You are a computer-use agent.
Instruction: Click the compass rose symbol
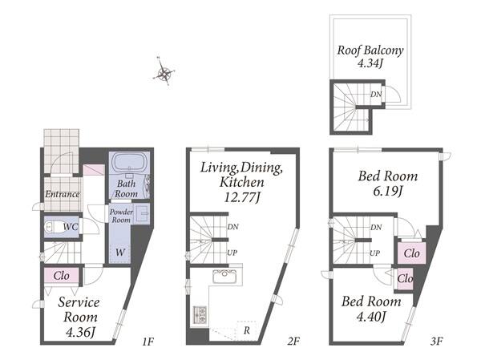pos(164,72)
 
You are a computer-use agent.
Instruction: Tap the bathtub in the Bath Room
pos(130,163)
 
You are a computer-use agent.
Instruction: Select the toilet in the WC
pos(54,228)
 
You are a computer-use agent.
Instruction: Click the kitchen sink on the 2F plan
pos(225,277)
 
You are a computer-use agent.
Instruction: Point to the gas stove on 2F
pos(200,314)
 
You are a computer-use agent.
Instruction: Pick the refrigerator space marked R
pos(247,330)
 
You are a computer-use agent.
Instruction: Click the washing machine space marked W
pos(120,253)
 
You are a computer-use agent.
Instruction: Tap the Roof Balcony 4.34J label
pos(370,56)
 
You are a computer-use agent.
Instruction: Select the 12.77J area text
pos(242,197)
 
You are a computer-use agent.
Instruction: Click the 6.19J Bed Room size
pos(388,192)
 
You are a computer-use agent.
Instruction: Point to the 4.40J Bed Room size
pos(371,317)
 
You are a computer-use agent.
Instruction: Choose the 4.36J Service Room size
pos(80,332)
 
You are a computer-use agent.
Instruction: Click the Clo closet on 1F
pos(62,276)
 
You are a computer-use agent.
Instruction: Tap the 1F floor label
pos(148,341)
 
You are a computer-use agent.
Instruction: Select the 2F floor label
pos(293,341)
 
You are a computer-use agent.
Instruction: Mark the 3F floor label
pos(437,341)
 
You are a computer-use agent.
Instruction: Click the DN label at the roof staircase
pos(376,95)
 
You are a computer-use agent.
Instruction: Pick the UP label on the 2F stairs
pos(232,253)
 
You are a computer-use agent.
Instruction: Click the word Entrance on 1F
pos(63,194)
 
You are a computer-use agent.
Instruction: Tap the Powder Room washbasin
pos(142,213)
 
